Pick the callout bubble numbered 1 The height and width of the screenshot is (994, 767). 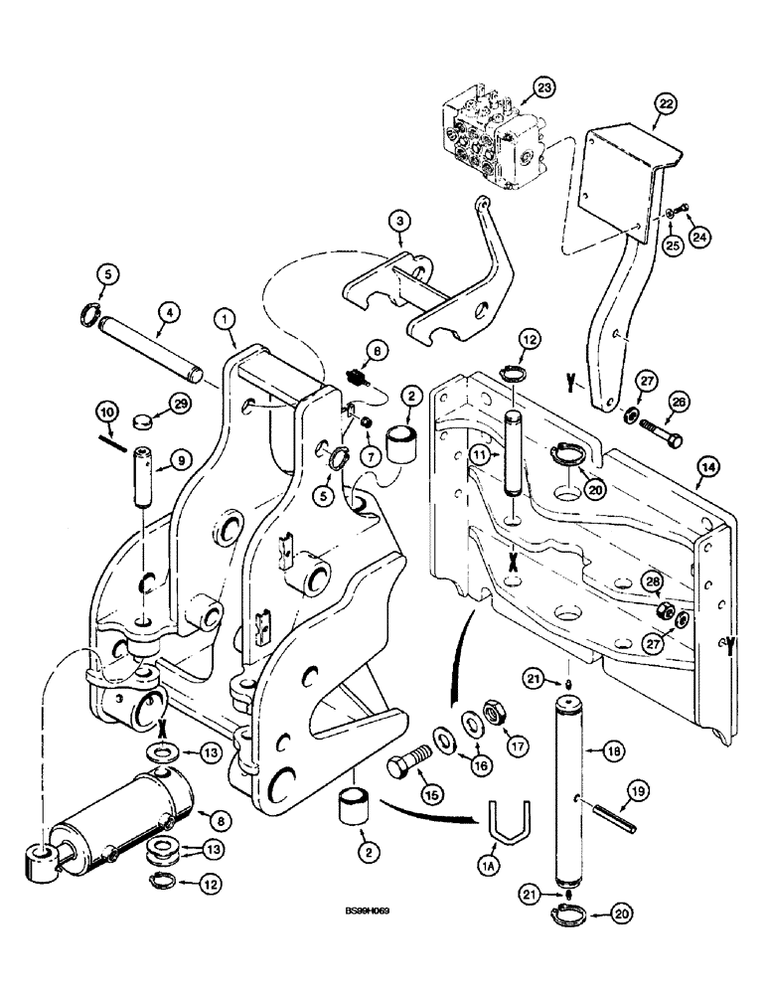[x=227, y=320]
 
